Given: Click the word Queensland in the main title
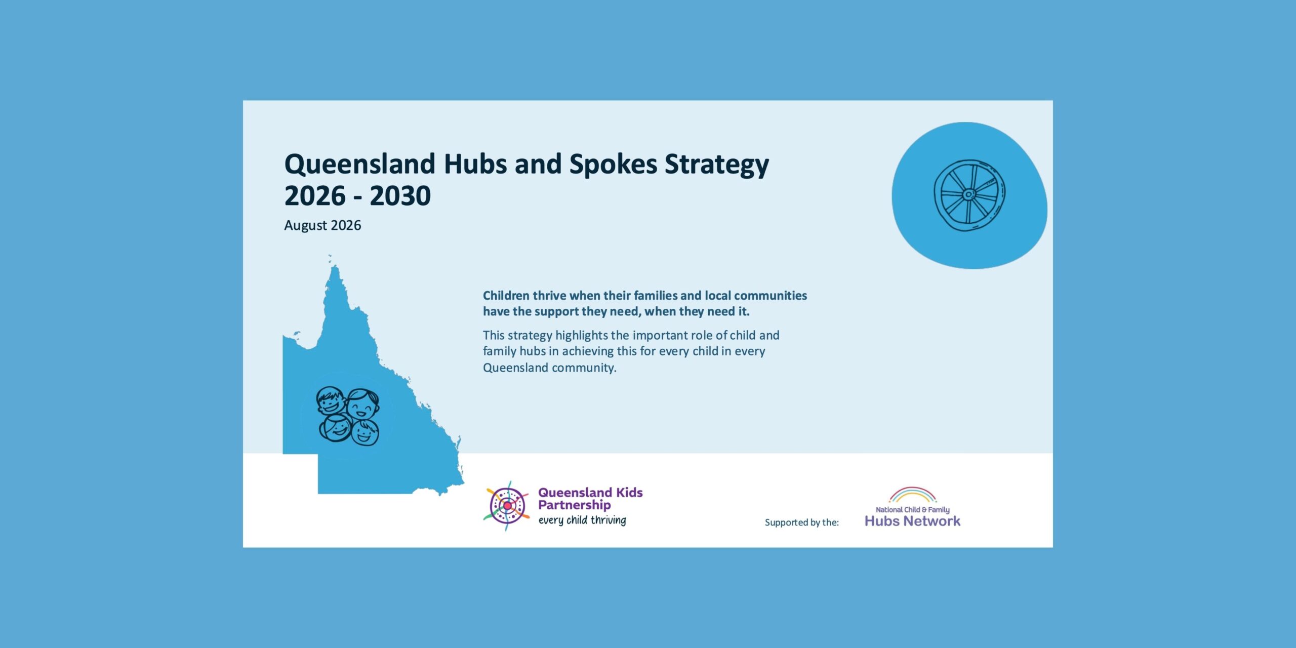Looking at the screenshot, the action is click(x=360, y=165).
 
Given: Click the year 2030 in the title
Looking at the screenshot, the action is click(x=400, y=195).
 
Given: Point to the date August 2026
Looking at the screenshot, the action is click(x=322, y=225).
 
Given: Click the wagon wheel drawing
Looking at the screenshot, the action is click(x=969, y=195).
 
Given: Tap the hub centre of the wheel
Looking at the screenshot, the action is click(x=968, y=194).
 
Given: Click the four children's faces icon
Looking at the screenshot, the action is click(x=348, y=417).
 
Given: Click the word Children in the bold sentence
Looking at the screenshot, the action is click(x=506, y=296).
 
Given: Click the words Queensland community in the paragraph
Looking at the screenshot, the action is click(x=549, y=368).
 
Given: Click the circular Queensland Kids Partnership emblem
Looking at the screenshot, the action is click(x=507, y=506).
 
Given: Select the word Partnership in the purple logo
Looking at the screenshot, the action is click(x=574, y=505).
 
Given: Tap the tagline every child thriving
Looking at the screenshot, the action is click(x=582, y=520).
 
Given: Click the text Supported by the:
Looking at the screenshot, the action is click(x=802, y=522).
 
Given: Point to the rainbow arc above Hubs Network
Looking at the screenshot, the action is click(x=912, y=491).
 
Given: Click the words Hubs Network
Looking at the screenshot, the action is click(x=912, y=521).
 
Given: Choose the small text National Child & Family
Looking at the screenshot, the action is click(x=912, y=510).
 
